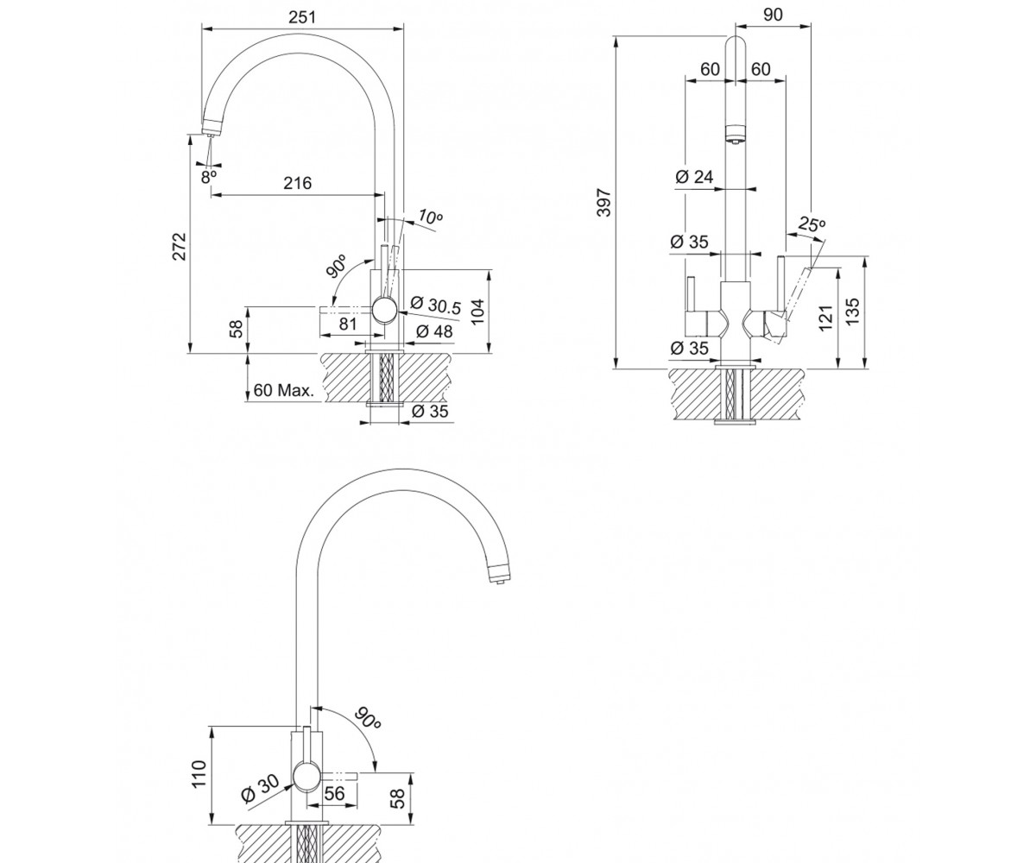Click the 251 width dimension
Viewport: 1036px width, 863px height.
tap(302, 17)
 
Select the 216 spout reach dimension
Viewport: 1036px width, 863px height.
tap(298, 184)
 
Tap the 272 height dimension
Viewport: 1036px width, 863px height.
tap(179, 247)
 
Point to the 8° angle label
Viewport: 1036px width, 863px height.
tap(209, 177)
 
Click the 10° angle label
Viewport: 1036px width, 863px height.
tap(430, 217)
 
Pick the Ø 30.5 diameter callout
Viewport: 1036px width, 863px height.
tap(436, 305)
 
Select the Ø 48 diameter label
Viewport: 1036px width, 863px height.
tap(434, 331)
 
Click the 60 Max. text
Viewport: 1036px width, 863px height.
tap(284, 390)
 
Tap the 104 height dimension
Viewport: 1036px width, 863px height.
tap(477, 312)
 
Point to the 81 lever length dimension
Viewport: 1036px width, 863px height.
tap(348, 324)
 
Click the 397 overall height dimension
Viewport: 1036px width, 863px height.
tap(603, 202)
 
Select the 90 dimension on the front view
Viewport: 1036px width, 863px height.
tap(773, 16)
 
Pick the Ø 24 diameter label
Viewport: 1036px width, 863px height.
tap(695, 177)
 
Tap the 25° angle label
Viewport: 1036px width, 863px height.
tap(812, 224)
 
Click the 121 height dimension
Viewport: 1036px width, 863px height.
tap(824, 318)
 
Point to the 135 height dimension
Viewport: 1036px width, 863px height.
tap(852, 312)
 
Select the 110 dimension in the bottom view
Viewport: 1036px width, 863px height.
tap(199, 774)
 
